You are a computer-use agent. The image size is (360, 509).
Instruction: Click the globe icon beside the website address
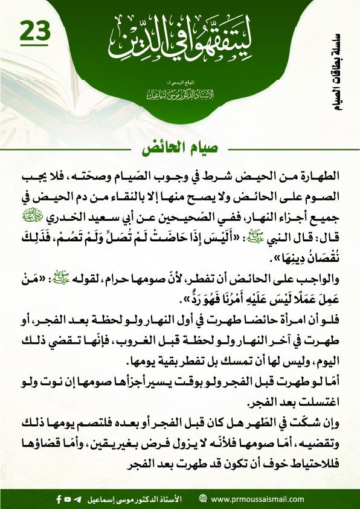tap(204, 499)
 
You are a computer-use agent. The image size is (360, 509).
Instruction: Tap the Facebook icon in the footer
tap(59, 499)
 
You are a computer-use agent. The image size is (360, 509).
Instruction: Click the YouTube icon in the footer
tap(68, 499)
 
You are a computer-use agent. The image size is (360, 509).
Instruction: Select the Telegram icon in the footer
tap(77, 499)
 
